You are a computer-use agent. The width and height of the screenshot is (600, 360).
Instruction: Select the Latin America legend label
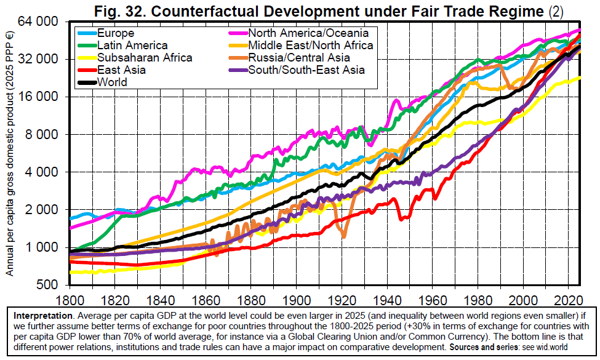click(x=132, y=46)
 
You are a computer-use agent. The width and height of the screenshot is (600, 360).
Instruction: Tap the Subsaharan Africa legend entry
click(x=145, y=58)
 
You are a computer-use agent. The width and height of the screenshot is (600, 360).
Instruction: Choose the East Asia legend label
click(x=121, y=70)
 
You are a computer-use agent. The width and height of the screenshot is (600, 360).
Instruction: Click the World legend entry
click(x=112, y=82)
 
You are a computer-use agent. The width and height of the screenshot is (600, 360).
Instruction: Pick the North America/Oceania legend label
click(x=308, y=33)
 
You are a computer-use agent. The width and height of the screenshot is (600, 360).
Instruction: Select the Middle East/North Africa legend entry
click(x=310, y=46)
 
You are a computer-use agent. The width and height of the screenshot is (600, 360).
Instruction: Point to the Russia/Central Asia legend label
click(x=299, y=58)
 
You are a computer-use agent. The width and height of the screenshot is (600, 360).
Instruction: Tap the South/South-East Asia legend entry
click(x=306, y=70)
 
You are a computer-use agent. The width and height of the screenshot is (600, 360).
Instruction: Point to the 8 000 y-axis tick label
click(x=44, y=135)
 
